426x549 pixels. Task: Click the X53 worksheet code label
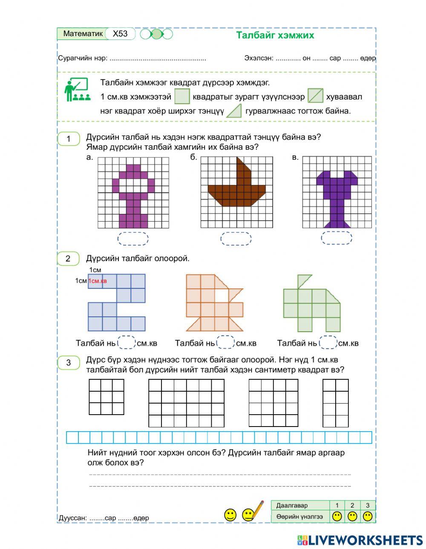tap(120, 34)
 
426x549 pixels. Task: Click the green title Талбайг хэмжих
tap(275, 35)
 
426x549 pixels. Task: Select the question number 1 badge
tap(68, 139)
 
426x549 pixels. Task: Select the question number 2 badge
tap(68, 259)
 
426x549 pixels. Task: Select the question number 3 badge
tap(68, 363)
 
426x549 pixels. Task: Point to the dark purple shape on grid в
tap(337, 191)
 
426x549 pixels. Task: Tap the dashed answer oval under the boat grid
tap(236, 239)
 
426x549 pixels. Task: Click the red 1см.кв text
tap(98, 281)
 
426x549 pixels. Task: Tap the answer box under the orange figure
tap(225, 343)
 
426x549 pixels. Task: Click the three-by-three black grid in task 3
tap(106, 397)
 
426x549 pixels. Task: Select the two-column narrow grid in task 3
tap(336, 403)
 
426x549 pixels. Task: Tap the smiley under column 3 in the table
tap(368, 517)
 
